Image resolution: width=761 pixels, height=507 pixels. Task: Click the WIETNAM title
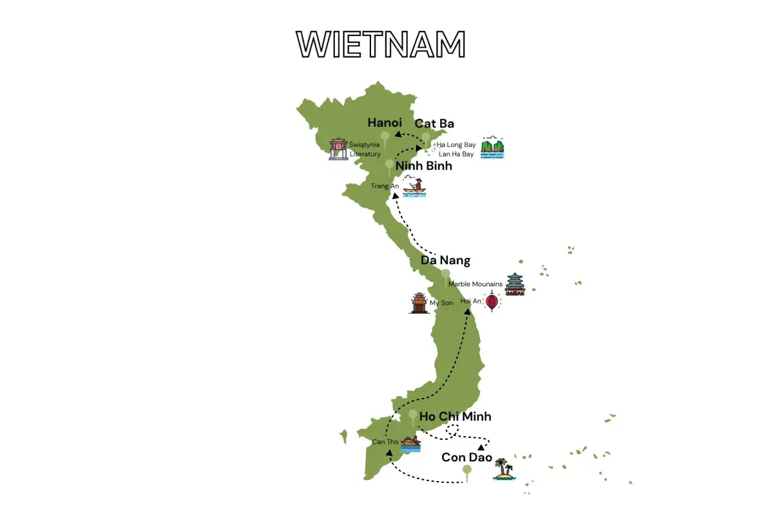pyautogui.click(x=381, y=44)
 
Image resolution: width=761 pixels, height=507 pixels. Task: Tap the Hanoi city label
pyautogui.click(x=385, y=122)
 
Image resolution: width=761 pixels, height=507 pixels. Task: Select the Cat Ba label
pyautogui.click(x=434, y=124)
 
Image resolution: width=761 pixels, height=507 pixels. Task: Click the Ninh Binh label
pyautogui.click(x=424, y=166)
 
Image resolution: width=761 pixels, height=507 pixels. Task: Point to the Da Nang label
pyautogui.click(x=445, y=260)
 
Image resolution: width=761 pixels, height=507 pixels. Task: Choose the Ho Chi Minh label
pyautogui.click(x=455, y=416)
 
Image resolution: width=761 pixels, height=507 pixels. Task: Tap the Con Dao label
pyautogui.click(x=467, y=457)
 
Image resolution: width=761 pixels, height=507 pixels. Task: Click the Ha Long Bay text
pyautogui.click(x=456, y=145)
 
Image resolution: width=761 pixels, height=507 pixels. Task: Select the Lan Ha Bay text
pyautogui.click(x=457, y=154)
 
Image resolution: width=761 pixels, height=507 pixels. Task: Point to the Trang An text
pyautogui.click(x=385, y=186)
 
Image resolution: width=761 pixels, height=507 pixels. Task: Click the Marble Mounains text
pyautogui.click(x=475, y=284)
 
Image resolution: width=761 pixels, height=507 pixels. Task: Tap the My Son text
pyautogui.click(x=441, y=303)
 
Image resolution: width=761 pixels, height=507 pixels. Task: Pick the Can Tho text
pyautogui.click(x=385, y=442)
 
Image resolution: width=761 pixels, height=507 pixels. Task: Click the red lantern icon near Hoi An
pyautogui.click(x=492, y=302)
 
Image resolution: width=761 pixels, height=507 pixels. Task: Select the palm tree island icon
pyautogui.click(x=504, y=470)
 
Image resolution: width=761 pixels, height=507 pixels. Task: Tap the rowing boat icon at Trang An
pyautogui.click(x=415, y=188)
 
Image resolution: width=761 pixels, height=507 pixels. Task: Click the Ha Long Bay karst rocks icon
pyautogui.click(x=493, y=148)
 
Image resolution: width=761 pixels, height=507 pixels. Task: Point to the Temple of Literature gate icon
pyautogui.click(x=339, y=150)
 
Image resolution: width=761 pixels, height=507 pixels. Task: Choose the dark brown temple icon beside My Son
pyautogui.click(x=419, y=303)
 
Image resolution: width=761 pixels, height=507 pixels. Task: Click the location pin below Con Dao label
pyautogui.click(x=467, y=471)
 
